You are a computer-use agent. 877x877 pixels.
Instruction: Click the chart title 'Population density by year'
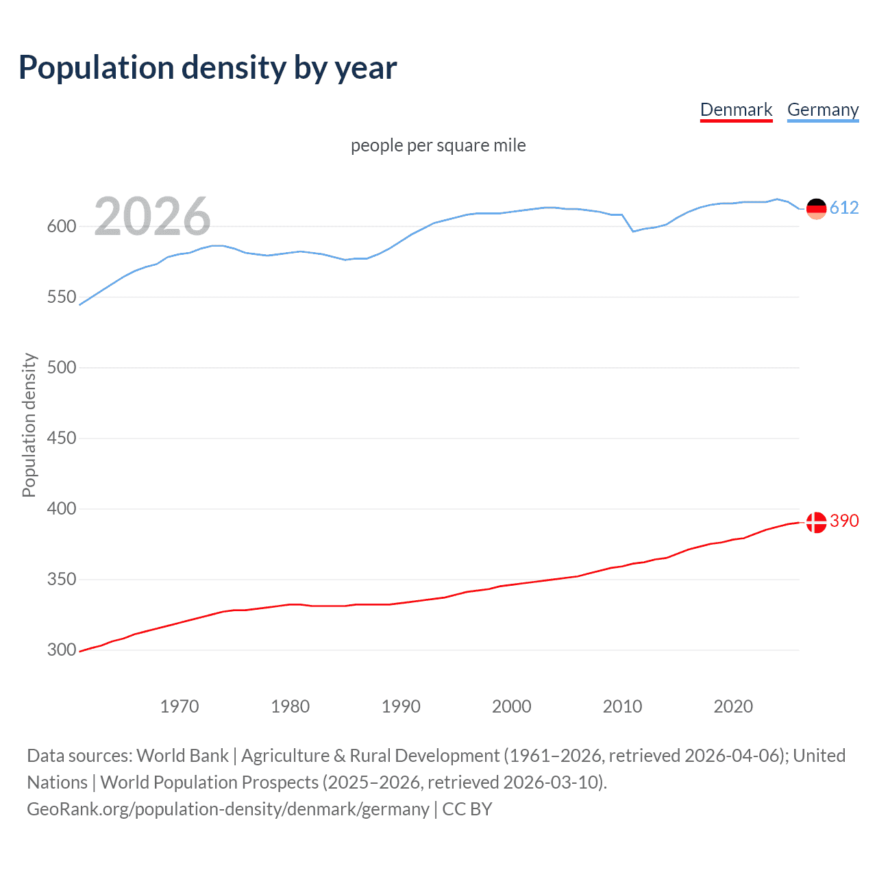click(x=208, y=68)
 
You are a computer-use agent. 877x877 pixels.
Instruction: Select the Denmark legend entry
click(x=736, y=110)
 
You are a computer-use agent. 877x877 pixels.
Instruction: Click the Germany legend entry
click(x=822, y=110)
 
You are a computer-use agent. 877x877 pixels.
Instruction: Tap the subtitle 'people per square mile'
click(x=438, y=145)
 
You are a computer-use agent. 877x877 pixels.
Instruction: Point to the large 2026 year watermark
click(x=152, y=217)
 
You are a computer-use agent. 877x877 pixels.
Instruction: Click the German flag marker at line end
click(x=816, y=208)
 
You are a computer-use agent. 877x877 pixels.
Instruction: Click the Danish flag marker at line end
click(x=816, y=522)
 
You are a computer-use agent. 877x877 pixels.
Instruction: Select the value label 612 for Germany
click(x=844, y=208)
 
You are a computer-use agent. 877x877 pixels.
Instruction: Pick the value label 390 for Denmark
click(x=844, y=521)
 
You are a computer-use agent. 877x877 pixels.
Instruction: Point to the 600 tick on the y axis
click(x=61, y=226)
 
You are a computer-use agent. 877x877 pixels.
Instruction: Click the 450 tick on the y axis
click(x=61, y=438)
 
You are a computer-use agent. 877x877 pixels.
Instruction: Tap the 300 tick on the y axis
click(x=61, y=650)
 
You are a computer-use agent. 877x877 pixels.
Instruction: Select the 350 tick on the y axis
click(x=61, y=579)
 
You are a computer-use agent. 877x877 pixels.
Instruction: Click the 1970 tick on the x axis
click(x=180, y=706)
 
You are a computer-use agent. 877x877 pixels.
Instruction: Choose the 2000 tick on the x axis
click(x=512, y=706)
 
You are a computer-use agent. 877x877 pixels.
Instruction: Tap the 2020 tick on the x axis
click(x=733, y=706)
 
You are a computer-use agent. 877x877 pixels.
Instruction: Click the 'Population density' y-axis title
click(x=29, y=425)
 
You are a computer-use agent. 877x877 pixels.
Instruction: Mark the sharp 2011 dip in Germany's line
click(x=633, y=231)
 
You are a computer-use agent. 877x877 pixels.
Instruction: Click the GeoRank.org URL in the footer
click(x=228, y=809)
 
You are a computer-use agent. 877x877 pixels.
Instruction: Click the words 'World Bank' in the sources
click(x=182, y=756)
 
